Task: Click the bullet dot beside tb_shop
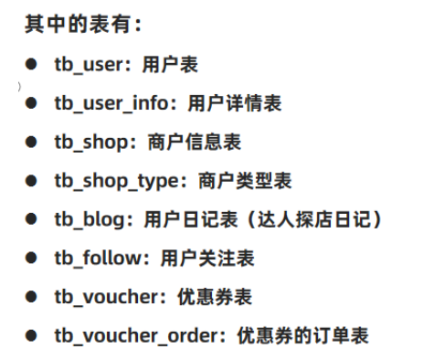tap(31, 143)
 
